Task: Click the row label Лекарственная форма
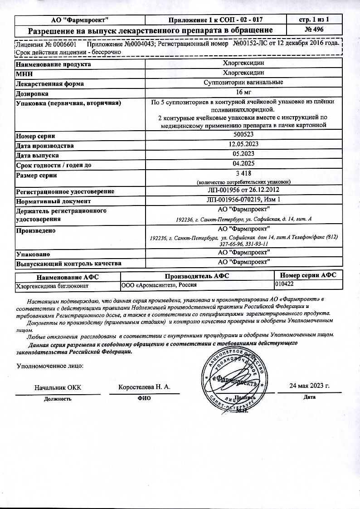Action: pyautogui.click(x=50, y=83)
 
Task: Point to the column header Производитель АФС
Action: pyautogui.click(x=197, y=276)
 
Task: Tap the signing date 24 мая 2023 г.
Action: pyautogui.click(x=309, y=386)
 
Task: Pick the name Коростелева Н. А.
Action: pyautogui.click(x=144, y=387)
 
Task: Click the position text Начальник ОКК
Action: pyautogui.click(x=58, y=387)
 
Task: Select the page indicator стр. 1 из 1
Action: pyautogui.click(x=314, y=20)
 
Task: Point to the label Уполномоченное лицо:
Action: pyautogui.click(x=50, y=366)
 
